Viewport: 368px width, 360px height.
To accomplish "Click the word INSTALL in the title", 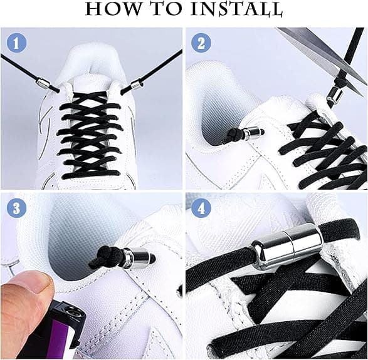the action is (x=236, y=9).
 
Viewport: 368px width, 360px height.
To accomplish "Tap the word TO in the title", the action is (x=167, y=9).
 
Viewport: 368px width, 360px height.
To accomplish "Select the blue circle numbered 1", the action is (x=16, y=43).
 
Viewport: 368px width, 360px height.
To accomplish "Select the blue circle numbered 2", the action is (x=201, y=43).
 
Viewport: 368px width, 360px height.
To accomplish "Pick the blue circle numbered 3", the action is (x=16, y=208).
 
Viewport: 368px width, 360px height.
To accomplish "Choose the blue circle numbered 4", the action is (x=201, y=208).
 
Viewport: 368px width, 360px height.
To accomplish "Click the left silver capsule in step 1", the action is (x=43, y=83).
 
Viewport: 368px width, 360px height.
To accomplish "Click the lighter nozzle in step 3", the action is (x=73, y=314).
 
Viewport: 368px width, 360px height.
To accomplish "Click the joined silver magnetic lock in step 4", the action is (x=287, y=245).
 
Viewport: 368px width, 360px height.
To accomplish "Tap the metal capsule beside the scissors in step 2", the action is (x=335, y=96).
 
